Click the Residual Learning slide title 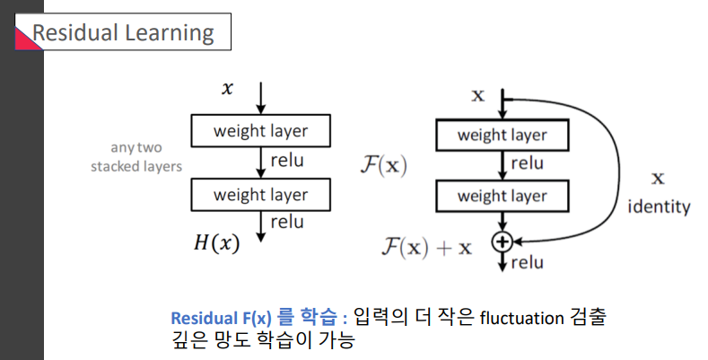(123, 33)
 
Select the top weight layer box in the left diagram (260, 131)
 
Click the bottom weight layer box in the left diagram (260, 195)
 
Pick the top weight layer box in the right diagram (503, 136)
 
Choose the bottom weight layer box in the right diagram (503, 195)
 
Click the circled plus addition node (502, 241)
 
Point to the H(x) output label (216, 243)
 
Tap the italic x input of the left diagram (227, 88)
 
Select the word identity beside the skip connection (659, 207)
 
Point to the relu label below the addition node (527, 263)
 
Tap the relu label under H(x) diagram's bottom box (286, 221)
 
